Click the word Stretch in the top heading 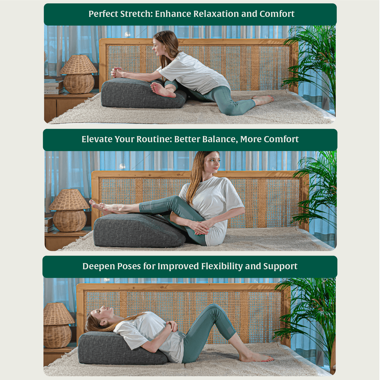coord(136,14)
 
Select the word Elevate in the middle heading coord(97,139)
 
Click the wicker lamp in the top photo coord(78,74)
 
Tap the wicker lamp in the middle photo coord(69,210)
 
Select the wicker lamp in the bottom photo coord(58,326)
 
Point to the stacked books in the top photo coord(54,86)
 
